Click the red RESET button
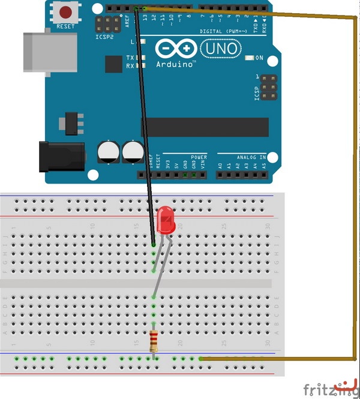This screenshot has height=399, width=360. [x=66, y=12]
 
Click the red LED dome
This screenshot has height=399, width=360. [x=166, y=220]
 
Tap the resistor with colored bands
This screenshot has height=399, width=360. [x=154, y=341]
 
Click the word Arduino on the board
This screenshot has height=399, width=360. [x=176, y=63]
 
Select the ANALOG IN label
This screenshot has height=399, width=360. [x=251, y=157]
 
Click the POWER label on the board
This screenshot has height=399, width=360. [x=199, y=157]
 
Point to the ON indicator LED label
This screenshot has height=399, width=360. [x=259, y=58]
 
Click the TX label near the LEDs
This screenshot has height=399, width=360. [x=130, y=58]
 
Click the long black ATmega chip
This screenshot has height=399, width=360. [x=205, y=127]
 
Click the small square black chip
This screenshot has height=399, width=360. [x=113, y=65]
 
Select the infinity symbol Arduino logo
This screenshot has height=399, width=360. [x=176, y=48]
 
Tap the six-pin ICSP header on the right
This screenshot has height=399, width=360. [x=268, y=88]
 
